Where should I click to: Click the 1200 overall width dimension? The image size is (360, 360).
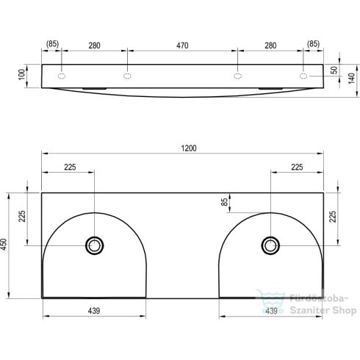click(x=189, y=148)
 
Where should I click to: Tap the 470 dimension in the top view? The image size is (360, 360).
click(x=182, y=46)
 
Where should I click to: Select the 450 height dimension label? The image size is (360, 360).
click(x=4, y=244)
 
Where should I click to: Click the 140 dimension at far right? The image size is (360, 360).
click(x=351, y=78)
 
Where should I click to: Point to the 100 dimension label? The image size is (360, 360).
click(x=22, y=74)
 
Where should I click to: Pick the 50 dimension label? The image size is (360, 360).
click(x=334, y=71)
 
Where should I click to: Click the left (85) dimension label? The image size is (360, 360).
click(x=52, y=44)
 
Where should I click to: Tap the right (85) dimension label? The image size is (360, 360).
click(x=313, y=44)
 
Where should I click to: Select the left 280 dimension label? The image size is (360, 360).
click(x=94, y=46)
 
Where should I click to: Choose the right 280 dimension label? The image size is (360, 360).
click(x=270, y=46)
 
